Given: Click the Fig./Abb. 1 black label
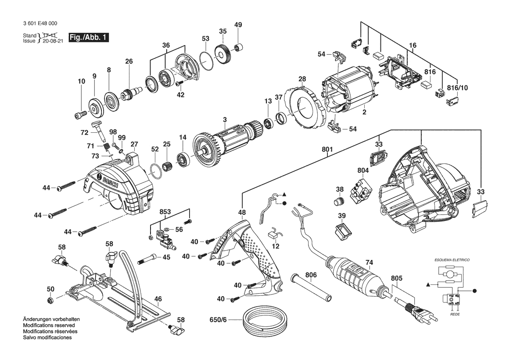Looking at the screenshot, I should (x=88, y=38).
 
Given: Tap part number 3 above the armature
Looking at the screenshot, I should (x=225, y=120).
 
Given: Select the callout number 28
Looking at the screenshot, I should (x=302, y=79).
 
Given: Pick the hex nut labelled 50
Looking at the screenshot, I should (x=50, y=300).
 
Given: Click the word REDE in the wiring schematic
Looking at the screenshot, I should (x=455, y=315).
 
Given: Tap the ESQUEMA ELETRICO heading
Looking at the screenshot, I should (x=451, y=260).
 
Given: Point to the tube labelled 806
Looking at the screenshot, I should (x=309, y=290).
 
